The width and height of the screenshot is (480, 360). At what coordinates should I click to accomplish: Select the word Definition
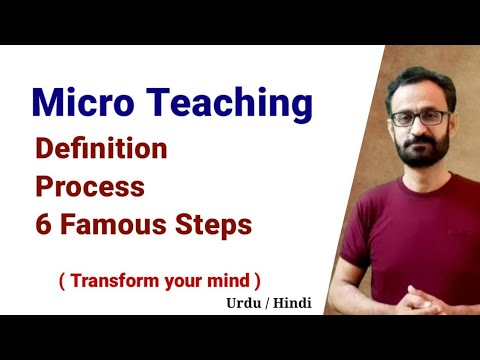[x=101, y=149]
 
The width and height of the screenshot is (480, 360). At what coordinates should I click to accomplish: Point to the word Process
[x=90, y=187]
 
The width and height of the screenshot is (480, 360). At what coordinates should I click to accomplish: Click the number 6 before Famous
[x=44, y=225]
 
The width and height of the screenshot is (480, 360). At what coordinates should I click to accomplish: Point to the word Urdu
[x=239, y=299]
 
